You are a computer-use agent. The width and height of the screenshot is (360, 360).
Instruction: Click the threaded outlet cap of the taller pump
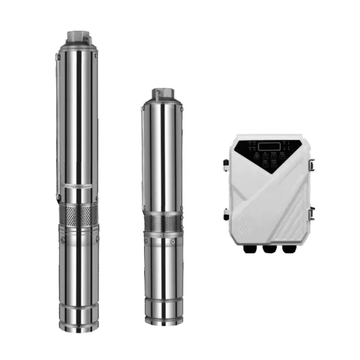[x=77, y=34]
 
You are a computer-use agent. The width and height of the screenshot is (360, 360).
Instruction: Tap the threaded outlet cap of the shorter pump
[x=161, y=94]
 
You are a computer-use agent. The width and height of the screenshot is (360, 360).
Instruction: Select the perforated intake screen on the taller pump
[x=77, y=213]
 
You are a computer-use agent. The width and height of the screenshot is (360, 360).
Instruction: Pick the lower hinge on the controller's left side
[x=226, y=213]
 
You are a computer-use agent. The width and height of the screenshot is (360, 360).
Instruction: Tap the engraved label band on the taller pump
[x=77, y=187]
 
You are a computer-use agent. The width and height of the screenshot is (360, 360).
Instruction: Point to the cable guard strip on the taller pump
[x=59, y=118]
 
